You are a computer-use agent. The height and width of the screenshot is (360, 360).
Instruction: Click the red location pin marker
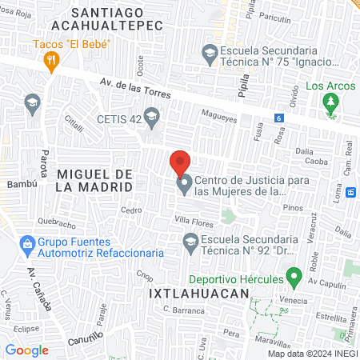(x=181, y=163)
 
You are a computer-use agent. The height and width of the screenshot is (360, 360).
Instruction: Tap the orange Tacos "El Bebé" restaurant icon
(x=52, y=58)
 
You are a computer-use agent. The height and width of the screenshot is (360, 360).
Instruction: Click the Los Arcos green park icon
(x=329, y=102)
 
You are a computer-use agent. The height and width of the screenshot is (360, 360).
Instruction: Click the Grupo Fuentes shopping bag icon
(x=27, y=242)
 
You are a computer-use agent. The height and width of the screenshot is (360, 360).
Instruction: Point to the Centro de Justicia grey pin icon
(x=184, y=186)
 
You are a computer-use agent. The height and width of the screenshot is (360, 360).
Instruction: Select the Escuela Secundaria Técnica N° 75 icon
(x=210, y=54)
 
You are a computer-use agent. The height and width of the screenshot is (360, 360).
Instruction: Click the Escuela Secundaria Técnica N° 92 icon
(x=190, y=239)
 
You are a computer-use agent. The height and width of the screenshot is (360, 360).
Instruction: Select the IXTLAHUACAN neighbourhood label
(x=189, y=294)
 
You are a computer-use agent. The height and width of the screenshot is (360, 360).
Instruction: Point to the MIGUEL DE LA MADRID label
(x=94, y=180)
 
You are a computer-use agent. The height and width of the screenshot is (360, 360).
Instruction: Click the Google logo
(x=27, y=350)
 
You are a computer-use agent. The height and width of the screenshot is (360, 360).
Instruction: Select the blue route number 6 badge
(x=278, y=118)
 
